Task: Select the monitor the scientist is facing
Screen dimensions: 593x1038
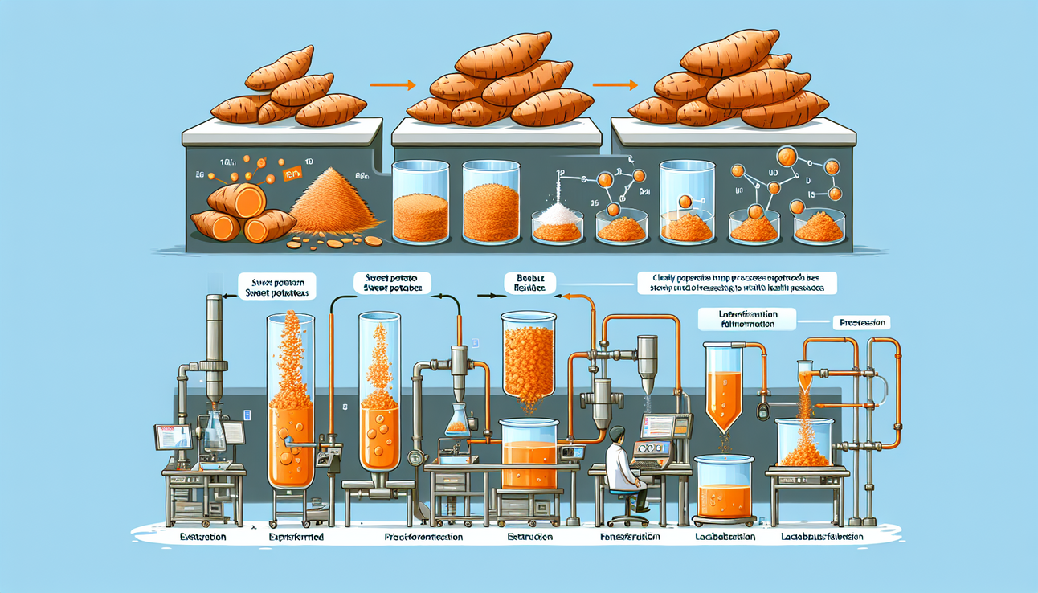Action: [656, 425]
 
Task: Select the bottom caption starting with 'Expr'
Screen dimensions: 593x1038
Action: [292, 535]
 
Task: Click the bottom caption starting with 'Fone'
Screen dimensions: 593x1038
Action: [631, 536]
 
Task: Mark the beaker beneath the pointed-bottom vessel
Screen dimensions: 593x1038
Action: [723, 487]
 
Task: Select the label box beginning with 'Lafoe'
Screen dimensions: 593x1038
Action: [747, 319]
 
